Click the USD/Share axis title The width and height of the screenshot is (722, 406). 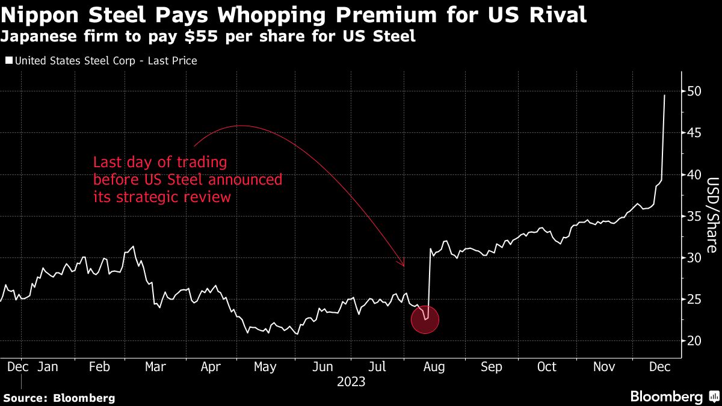pos(711,215)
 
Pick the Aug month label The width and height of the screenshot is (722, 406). pos(434,367)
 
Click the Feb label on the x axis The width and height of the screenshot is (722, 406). pos(99,367)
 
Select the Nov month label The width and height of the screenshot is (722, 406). pos(603,367)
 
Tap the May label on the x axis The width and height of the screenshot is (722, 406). pos(265,367)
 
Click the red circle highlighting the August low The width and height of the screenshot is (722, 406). pos(425,320)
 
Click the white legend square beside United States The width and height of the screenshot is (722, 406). pos(8,61)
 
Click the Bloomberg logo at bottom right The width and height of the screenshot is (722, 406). pos(674,396)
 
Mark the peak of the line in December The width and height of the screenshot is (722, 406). pos(664,95)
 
